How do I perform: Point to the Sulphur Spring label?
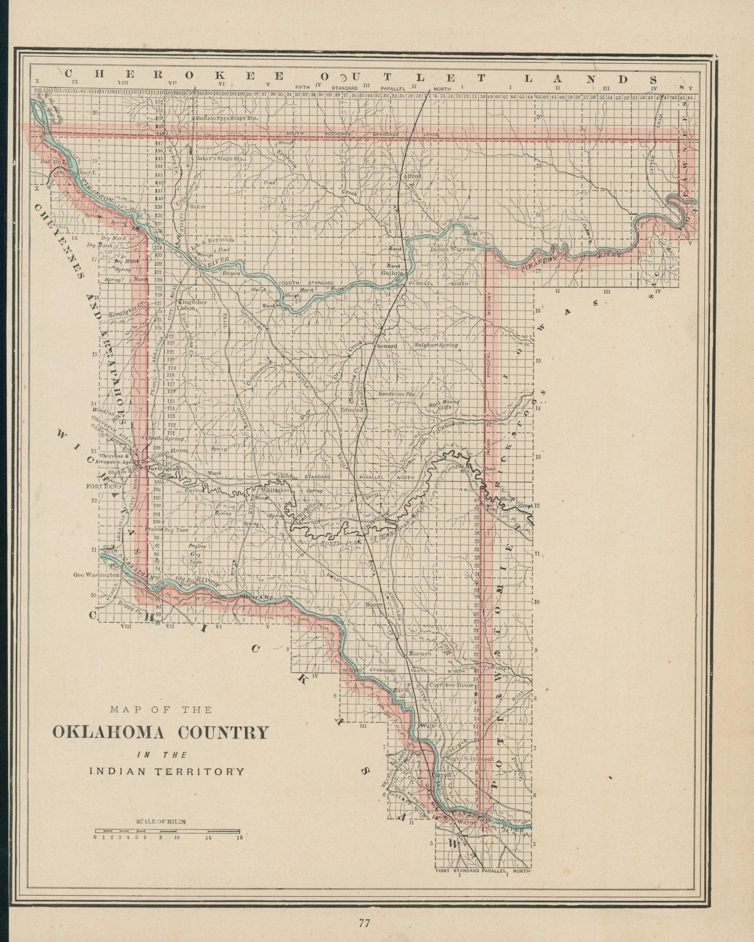[436, 345]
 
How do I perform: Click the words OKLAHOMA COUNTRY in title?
[160, 733]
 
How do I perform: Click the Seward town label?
[386, 346]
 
